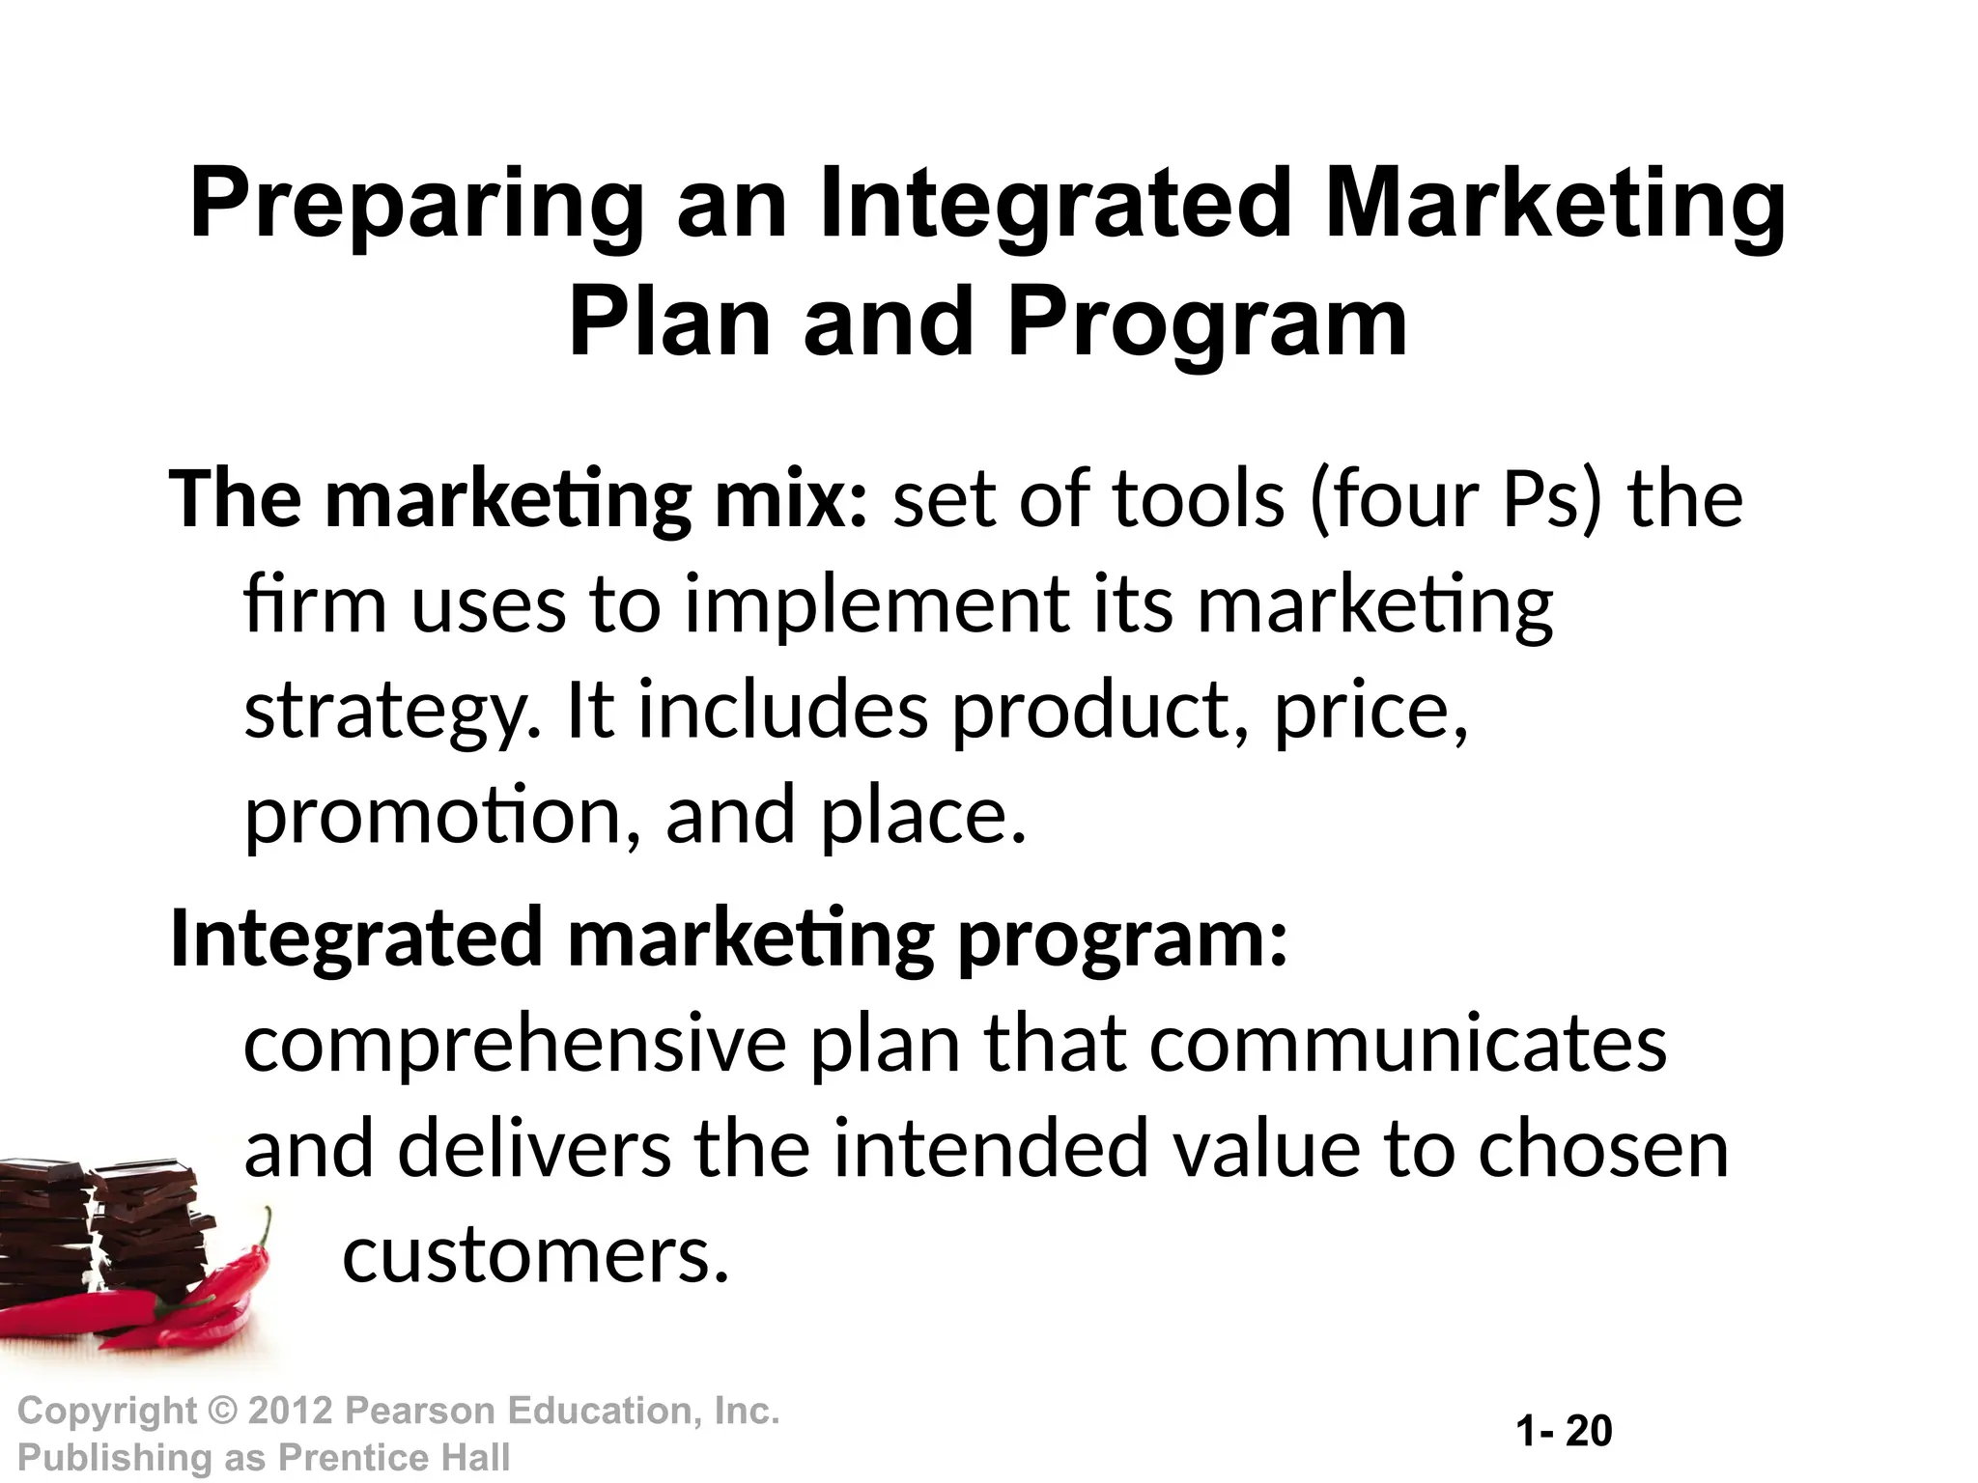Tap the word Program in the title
(x=1207, y=323)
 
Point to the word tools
(x=1199, y=500)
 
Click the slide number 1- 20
(x=1564, y=1431)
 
